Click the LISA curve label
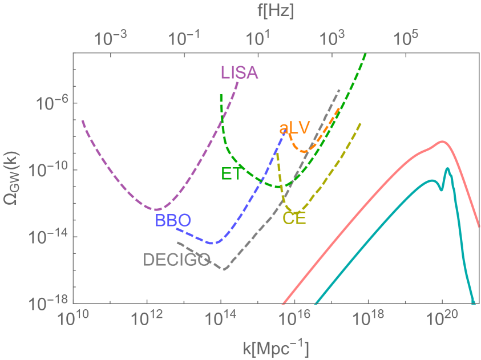coord(239,73)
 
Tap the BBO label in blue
coord(172,220)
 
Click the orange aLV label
coord(294,128)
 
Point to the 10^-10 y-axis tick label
coord(50,170)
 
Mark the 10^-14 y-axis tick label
coord(50,237)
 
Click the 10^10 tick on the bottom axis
coord(74,319)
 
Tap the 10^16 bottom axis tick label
coord(294,319)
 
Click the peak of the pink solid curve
coord(442,141)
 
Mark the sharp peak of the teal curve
coord(448,168)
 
